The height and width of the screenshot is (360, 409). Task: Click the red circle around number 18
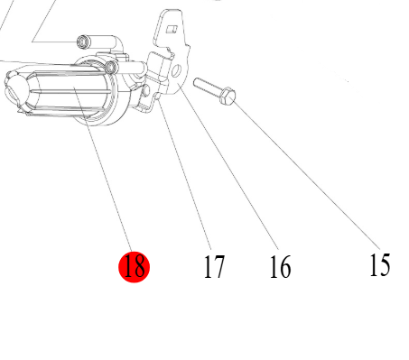pyautogui.click(x=134, y=267)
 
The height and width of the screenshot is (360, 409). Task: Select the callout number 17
pyautogui.click(x=214, y=266)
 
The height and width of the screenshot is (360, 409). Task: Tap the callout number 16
pyautogui.click(x=280, y=266)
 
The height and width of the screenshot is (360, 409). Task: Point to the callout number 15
pyautogui.click(x=380, y=264)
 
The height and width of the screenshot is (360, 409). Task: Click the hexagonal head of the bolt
pyautogui.click(x=228, y=96)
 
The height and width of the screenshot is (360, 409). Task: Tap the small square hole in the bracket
pyautogui.click(x=172, y=29)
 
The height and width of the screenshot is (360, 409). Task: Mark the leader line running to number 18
pyautogui.click(x=103, y=170)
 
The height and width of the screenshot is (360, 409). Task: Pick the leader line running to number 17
pyautogui.click(x=185, y=175)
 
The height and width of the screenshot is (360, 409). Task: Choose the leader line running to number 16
pyautogui.click(x=228, y=167)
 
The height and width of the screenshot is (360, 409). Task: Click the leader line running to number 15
pyautogui.click(x=306, y=174)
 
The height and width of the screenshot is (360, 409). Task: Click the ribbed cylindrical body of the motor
pyautogui.click(x=70, y=92)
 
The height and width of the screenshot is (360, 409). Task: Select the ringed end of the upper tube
pyautogui.click(x=82, y=42)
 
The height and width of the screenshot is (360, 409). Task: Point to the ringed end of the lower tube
pyautogui.click(x=111, y=67)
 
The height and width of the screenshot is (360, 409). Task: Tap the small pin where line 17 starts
pyautogui.click(x=159, y=97)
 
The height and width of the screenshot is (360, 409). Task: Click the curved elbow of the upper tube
pyautogui.click(x=118, y=43)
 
